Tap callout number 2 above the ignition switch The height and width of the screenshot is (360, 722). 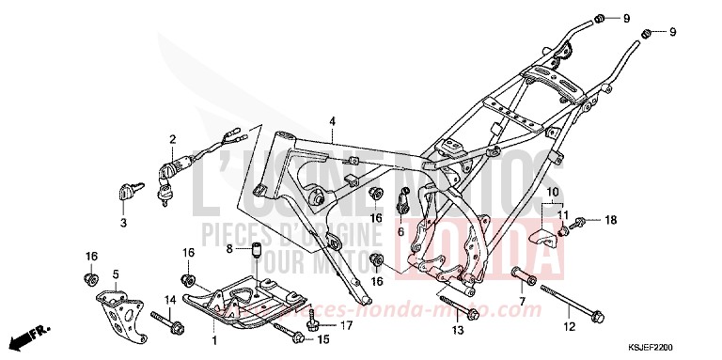click(173, 140)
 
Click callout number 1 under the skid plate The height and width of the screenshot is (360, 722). click(213, 337)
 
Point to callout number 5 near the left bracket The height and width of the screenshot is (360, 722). click(117, 274)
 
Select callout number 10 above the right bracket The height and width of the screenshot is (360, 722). click(555, 192)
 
